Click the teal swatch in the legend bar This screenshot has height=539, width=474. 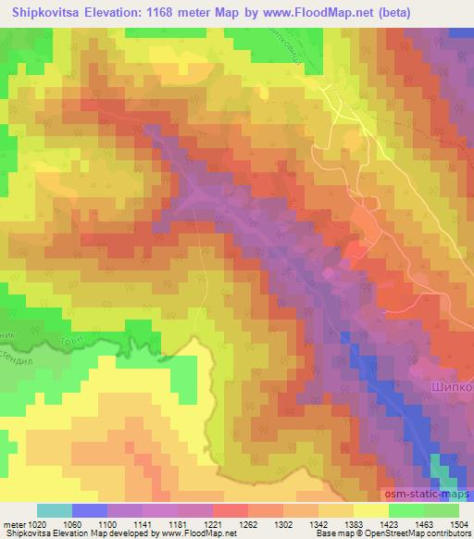pyautogui.click(x=54, y=510)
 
